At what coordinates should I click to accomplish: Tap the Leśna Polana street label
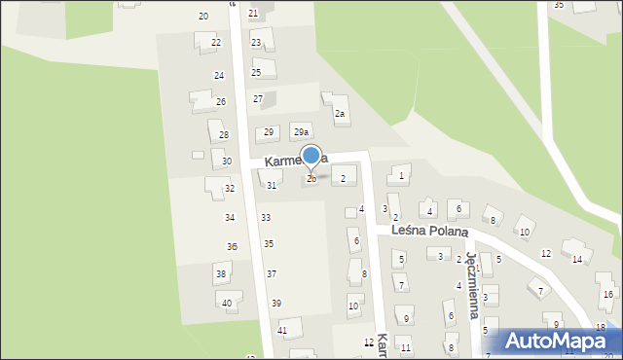click(x=430, y=232)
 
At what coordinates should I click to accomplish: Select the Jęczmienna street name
click(x=472, y=286)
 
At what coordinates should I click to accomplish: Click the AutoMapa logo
click(x=560, y=342)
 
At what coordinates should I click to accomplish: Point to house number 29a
click(x=301, y=132)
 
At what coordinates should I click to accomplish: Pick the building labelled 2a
click(x=340, y=114)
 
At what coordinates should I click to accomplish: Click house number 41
click(x=282, y=331)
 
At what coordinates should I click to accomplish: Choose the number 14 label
click(x=577, y=259)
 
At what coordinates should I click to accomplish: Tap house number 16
click(x=608, y=294)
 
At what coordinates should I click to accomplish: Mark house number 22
click(x=215, y=43)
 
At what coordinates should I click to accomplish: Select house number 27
click(x=258, y=98)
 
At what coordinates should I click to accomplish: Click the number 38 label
click(x=221, y=274)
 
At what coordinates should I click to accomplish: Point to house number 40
click(x=227, y=304)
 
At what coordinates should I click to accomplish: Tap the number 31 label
click(x=272, y=185)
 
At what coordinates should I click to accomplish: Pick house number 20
click(x=203, y=17)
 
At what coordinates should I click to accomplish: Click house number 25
click(x=256, y=73)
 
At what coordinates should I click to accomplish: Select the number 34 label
click(x=230, y=218)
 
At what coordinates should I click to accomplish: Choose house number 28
click(x=223, y=135)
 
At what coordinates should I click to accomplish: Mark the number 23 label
click(x=256, y=43)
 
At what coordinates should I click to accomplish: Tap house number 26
click(x=221, y=102)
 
